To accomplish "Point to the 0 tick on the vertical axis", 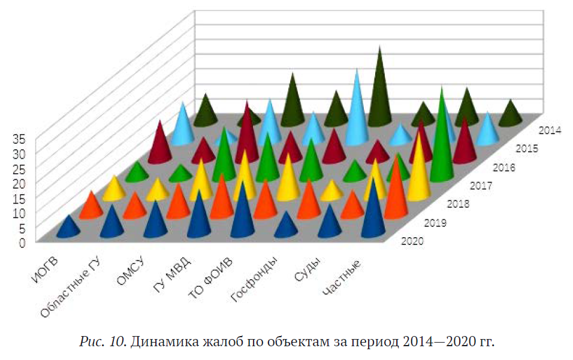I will (21, 243).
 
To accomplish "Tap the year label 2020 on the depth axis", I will (412, 241).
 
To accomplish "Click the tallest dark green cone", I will (378, 90).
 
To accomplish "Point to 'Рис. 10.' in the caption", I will (101, 342).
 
